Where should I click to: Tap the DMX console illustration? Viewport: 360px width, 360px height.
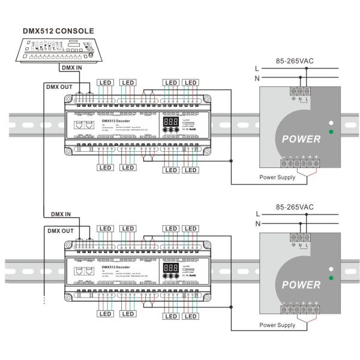pyautogui.click(x=58, y=50)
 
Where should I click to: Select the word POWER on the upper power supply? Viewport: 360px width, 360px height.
pyautogui.click(x=301, y=139)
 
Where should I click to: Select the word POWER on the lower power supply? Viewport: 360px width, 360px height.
pyautogui.click(x=301, y=284)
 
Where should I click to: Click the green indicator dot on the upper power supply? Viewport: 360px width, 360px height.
pyautogui.click(x=331, y=131)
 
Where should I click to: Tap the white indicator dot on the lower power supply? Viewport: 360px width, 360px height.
pyautogui.click(x=331, y=268)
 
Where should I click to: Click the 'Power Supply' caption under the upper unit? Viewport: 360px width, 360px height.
pyautogui.click(x=277, y=178)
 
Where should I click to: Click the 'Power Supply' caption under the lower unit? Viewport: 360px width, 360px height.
pyautogui.click(x=277, y=325)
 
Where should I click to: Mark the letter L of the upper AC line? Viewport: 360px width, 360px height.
pyautogui.click(x=257, y=69)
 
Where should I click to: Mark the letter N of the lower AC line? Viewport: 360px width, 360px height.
pyautogui.click(x=257, y=224)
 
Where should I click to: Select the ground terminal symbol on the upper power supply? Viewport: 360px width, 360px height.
pyautogui.click(x=293, y=100)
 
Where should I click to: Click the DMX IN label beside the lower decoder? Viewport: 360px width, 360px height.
pyautogui.click(x=60, y=214)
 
